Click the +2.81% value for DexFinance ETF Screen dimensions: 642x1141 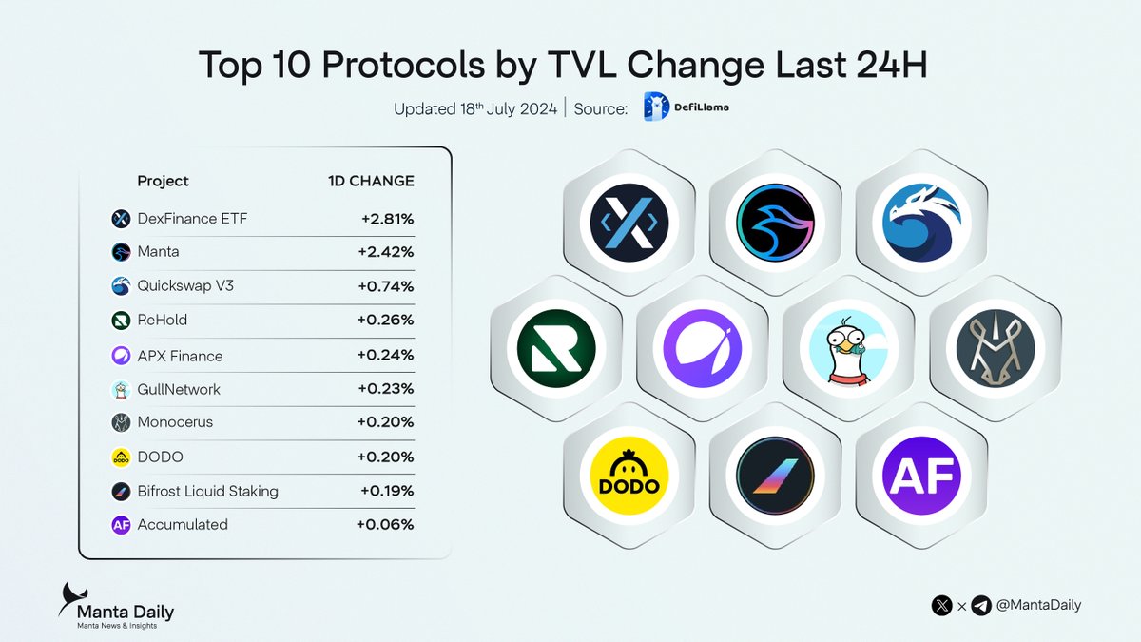[x=387, y=219]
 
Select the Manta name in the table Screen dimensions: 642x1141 [x=157, y=252]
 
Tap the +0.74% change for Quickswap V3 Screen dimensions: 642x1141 [x=387, y=286]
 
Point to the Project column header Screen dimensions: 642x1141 [x=163, y=181]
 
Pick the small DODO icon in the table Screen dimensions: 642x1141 [x=121, y=457]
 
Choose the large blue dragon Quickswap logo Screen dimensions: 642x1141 [x=920, y=223]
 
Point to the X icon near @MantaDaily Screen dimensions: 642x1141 [x=942, y=605]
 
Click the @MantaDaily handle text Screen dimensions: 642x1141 [x=1039, y=605]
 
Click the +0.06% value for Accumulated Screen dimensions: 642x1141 [x=385, y=525]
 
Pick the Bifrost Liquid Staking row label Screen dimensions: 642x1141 [x=208, y=492]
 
